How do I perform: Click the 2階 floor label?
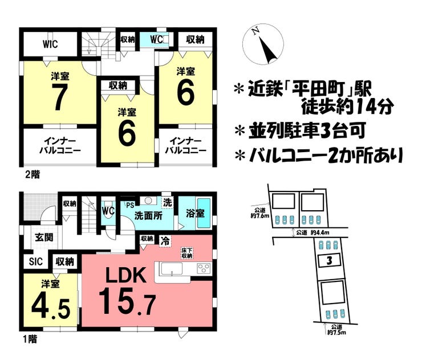31,173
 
